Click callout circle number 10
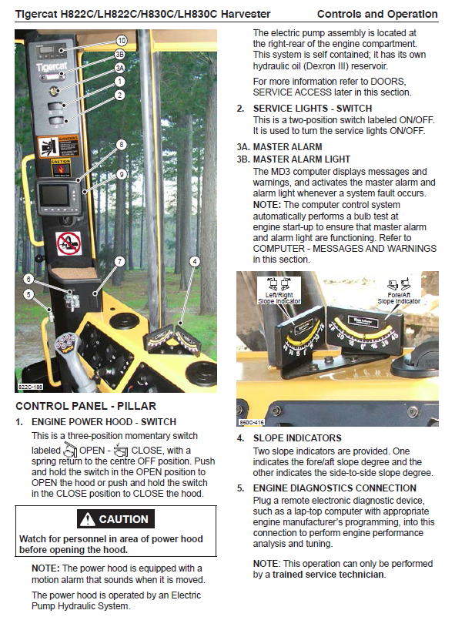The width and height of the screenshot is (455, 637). pyautogui.click(x=122, y=41)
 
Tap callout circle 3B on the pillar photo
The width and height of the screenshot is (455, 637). pyautogui.click(x=119, y=55)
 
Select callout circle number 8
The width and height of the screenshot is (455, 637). pyautogui.click(x=121, y=145)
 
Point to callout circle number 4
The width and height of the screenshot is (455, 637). pyautogui.click(x=195, y=262)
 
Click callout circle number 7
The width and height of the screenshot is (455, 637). pyautogui.click(x=120, y=261)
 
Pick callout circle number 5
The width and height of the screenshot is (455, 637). pyautogui.click(x=28, y=294)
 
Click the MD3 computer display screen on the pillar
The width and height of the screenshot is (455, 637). pyautogui.click(x=53, y=196)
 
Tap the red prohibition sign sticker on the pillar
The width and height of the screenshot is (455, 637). pyautogui.click(x=69, y=243)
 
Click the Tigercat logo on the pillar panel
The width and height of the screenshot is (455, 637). pyautogui.click(x=52, y=67)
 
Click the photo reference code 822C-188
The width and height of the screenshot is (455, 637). pyautogui.click(x=31, y=387)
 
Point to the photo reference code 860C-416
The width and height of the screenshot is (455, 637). pyautogui.click(x=252, y=423)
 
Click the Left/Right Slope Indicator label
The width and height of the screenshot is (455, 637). pyautogui.click(x=279, y=298)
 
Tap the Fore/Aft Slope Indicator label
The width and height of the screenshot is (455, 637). pyautogui.click(x=399, y=298)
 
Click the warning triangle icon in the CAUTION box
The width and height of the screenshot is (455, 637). pyautogui.click(x=87, y=519)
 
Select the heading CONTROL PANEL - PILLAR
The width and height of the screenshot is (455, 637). pyautogui.click(x=85, y=406)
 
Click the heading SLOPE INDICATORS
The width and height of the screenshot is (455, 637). pyautogui.click(x=297, y=438)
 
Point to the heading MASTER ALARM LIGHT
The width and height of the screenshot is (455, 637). pyautogui.click(x=301, y=159)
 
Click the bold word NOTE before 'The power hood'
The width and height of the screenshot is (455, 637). pyautogui.click(x=45, y=568)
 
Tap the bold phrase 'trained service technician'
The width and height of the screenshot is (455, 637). pyautogui.click(x=328, y=575)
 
